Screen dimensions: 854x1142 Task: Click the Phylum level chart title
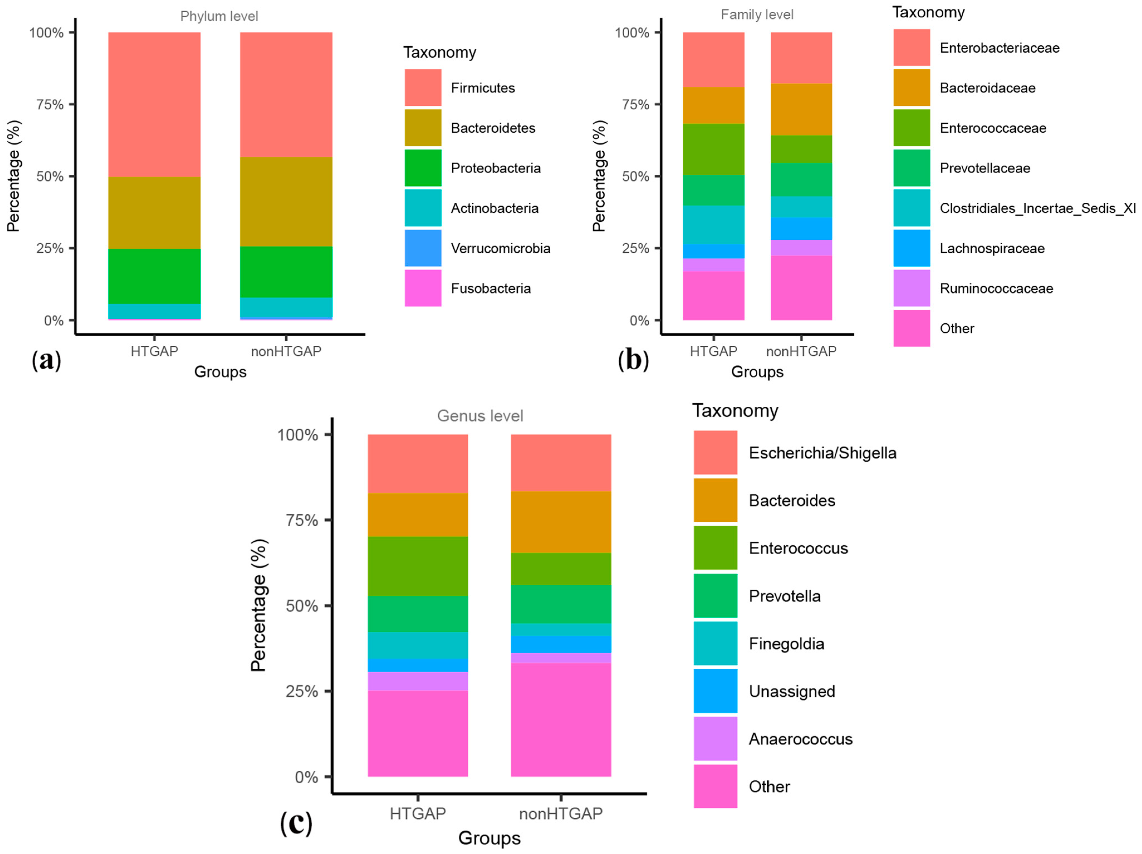point(219,16)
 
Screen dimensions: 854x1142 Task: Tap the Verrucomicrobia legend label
point(500,248)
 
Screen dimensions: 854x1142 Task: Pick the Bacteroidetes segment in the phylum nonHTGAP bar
point(286,201)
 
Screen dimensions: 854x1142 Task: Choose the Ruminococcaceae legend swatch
point(912,288)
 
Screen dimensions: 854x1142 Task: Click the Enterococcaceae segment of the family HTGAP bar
point(713,149)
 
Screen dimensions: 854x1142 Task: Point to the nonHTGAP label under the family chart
point(801,351)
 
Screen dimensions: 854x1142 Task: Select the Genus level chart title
point(480,416)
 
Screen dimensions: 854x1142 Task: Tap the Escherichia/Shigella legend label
point(822,453)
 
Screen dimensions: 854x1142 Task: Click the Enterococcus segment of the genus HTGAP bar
point(418,566)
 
